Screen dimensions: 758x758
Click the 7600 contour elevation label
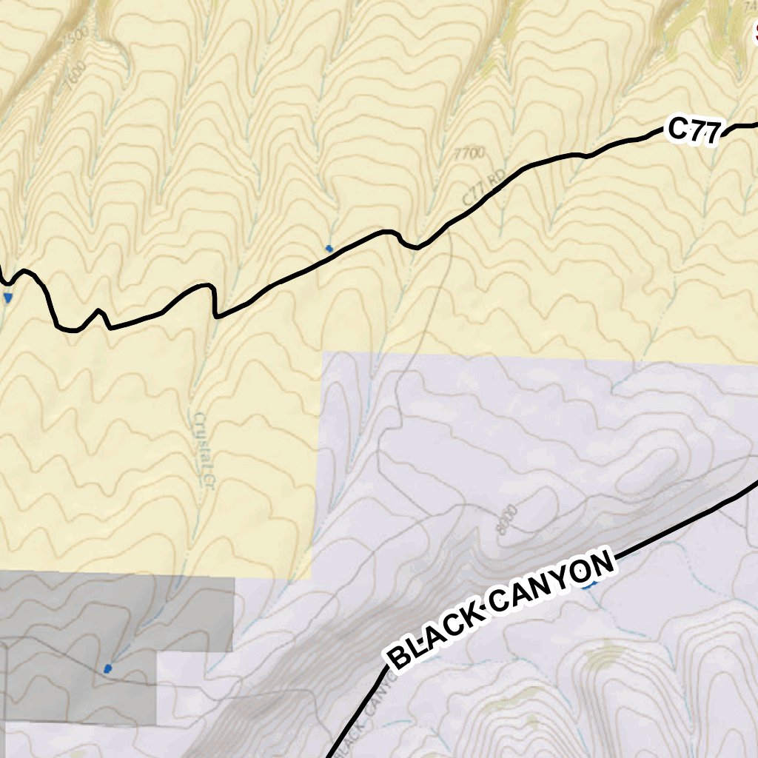pyautogui.click(x=74, y=76)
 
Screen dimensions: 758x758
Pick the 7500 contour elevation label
pyautogui.click(x=74, y=33)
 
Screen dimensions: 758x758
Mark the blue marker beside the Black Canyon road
pyautogui.click(x=589, y=585)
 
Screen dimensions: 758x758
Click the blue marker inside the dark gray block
pyautogui.click(x=108, y=668)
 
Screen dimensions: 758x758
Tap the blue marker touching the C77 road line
pyautogui.click(x=329, y=248)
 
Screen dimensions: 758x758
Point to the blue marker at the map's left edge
pyautogui.click(x=8, y=298)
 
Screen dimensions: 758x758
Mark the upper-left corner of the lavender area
pyautogui.click(x=323, y=353)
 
